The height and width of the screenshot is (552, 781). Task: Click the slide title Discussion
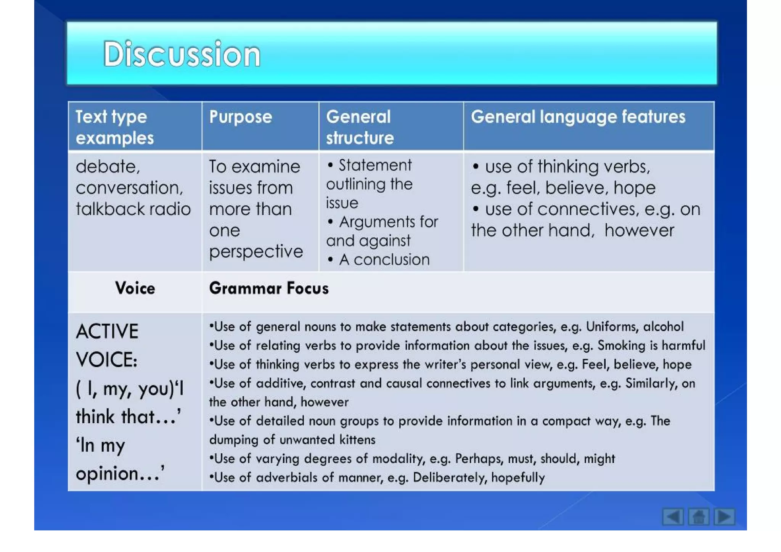click(182, 54)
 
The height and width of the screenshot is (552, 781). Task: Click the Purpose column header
click(240, 117)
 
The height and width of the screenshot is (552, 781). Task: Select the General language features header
click(577, 117)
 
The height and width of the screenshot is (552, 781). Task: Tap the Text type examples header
click(114, 127)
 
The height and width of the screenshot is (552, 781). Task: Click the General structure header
click(359, 127)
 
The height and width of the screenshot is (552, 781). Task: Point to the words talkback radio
click(133, 209)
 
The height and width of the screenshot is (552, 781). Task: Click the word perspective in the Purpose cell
click(256, 251)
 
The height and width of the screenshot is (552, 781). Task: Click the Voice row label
click(135, 288)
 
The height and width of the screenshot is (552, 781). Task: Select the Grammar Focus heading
click(268, 288)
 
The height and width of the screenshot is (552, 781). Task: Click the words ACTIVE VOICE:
click(107, 345)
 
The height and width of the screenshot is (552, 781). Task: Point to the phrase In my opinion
click(120, 459)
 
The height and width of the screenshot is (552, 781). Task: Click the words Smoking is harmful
click(651, 346)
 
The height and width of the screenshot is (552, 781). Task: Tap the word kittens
click(358, 440)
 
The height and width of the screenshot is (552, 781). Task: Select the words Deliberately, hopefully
click(479, 478)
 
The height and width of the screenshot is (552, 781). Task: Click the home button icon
click(698, 517)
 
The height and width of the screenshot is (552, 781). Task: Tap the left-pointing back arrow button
click(672, 517)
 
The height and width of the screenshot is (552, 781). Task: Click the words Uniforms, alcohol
click(634, 327)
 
